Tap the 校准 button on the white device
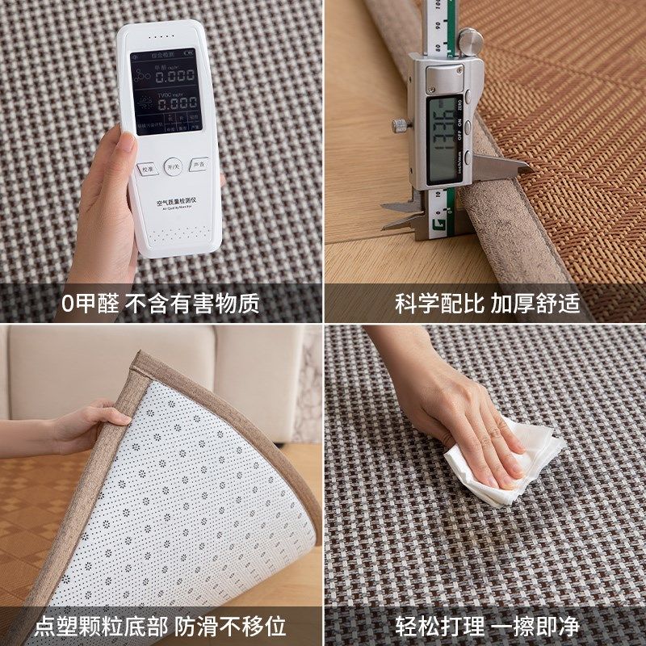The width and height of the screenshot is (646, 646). [146, 170]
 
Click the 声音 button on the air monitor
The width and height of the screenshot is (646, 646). [199, 165]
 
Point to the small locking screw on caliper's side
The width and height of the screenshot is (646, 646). [399, 125]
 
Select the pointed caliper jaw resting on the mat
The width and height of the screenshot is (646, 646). [505, 165]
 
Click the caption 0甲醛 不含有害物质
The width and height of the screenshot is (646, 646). [161, 304]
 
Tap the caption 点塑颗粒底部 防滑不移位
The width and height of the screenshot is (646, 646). [161, 627]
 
